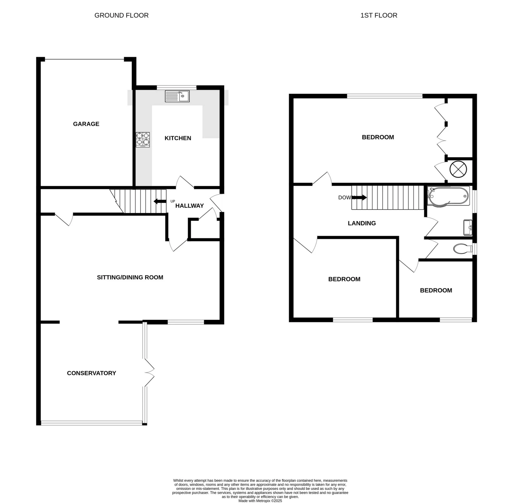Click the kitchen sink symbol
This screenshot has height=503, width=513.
(x=177, y=96)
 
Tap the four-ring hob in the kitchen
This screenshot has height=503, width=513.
(x=143, y=140)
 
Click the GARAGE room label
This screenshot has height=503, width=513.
(x=86, y=124)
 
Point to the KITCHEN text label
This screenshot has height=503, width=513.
(x=178, y=138)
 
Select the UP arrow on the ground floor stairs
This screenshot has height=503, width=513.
(x=160, y=201)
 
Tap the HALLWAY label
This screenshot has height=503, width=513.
(x=189, y=206)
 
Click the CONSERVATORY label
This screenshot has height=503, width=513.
(x=91, y=373)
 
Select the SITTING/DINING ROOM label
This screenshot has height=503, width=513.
(x=130, y=277)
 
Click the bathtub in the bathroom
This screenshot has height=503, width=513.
(x=448, y=196)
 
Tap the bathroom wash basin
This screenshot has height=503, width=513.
(x=468, y=227)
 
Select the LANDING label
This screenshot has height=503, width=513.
(x=362, y=223)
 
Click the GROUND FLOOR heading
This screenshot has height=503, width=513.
(x=121, y=15)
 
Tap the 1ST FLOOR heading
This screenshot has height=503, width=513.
(x=379, y=15)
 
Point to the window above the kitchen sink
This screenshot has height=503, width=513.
(x=176, y=87)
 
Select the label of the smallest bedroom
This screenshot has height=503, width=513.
(x=436, y=290)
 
